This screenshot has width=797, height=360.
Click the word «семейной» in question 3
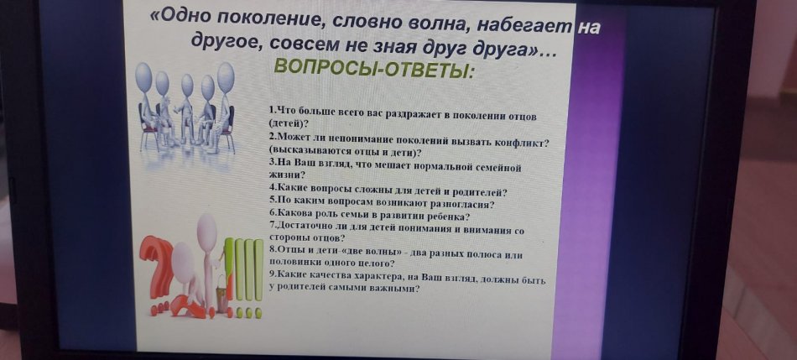[501, 167]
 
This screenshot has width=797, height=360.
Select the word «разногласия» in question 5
[467, 205]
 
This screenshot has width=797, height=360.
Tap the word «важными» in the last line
[400, 290]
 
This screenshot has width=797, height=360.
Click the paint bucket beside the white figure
[222, 298]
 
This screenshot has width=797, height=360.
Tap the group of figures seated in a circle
[186, 107]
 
